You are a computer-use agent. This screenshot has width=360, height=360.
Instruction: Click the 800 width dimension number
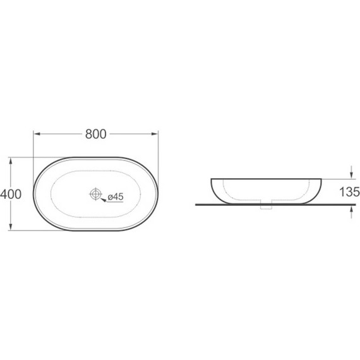[96, 134]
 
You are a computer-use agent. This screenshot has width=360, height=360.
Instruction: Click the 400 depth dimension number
[11, 194]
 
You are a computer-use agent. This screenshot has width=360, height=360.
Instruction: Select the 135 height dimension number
[349, 192]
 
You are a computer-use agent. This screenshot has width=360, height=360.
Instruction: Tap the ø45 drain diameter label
[116, 197]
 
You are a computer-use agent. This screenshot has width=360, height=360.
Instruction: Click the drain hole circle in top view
[95, 194]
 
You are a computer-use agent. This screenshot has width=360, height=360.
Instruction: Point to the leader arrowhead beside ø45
[104, 200]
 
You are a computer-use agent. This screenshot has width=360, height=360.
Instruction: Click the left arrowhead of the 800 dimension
[37, 134]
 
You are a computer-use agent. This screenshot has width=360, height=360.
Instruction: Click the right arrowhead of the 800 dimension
[155, 134]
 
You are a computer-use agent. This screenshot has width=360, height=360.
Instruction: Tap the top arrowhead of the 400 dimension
[10, 161]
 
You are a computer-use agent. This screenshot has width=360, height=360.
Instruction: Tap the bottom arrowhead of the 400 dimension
[10, 227]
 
